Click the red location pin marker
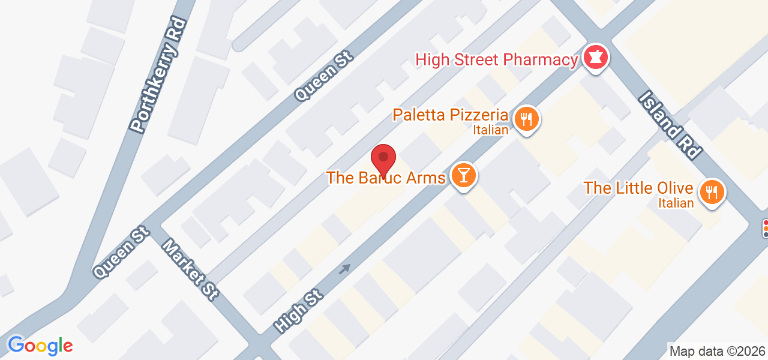point(383,159)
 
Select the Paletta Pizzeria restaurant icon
point(526,118)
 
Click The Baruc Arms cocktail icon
point(464,176)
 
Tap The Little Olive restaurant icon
point(712,192)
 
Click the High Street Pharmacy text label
point(496,60)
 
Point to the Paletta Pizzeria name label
point(451,115)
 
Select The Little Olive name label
point(638,188)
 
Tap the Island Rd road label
point(670,125)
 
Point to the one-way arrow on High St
point(344,269)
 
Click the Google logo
point(40,346)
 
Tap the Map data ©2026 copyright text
point(717,351)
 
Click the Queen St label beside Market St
point(121,254)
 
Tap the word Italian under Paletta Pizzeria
point(491,129)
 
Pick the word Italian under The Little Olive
point(676,203)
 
